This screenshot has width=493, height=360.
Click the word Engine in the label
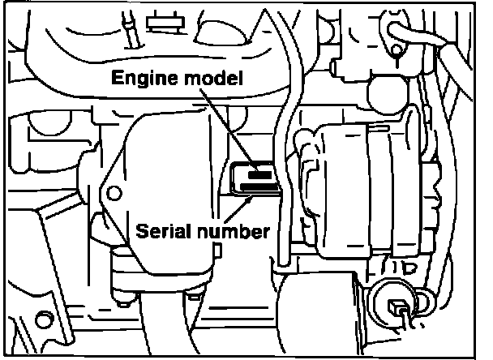click(x=140, y=79)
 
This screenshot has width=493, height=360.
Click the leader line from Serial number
click(x=243, y=206)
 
